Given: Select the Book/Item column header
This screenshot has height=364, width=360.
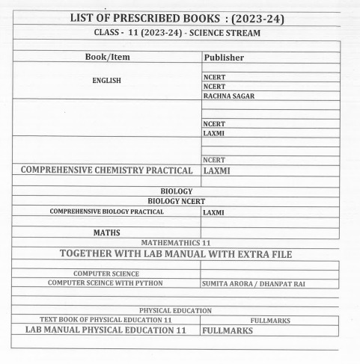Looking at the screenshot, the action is click(x=107, y=57).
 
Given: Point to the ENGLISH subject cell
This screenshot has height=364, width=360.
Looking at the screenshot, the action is click(x=106, y=81).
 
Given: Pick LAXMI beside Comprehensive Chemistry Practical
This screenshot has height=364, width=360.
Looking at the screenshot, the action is click(x=221, y=170).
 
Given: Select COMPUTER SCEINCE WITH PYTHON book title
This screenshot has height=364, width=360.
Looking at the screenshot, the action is click(x=106, y=283).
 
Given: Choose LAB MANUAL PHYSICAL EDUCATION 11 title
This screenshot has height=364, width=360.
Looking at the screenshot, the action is click(x=106, y=330).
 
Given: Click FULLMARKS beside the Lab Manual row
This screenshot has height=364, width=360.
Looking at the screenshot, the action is click(x=228, y=330).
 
